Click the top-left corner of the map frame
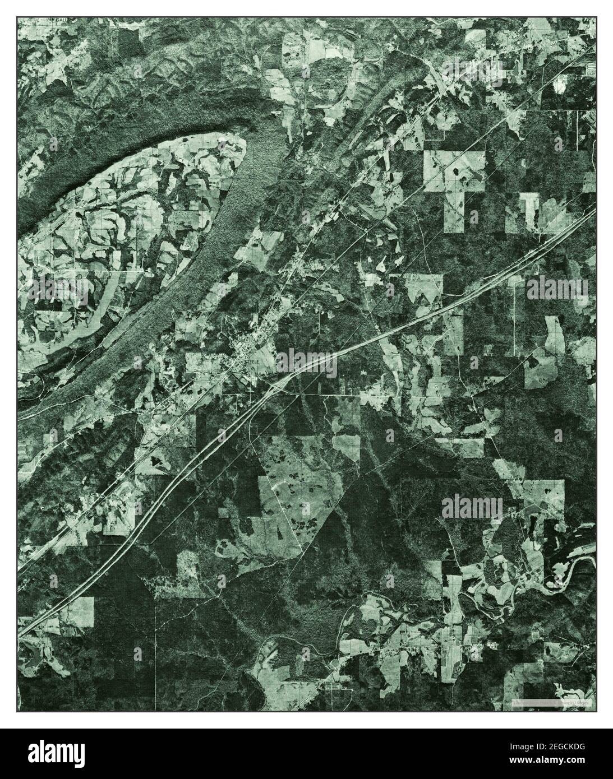pos(17,17)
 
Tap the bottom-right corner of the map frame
pos(596,712)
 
